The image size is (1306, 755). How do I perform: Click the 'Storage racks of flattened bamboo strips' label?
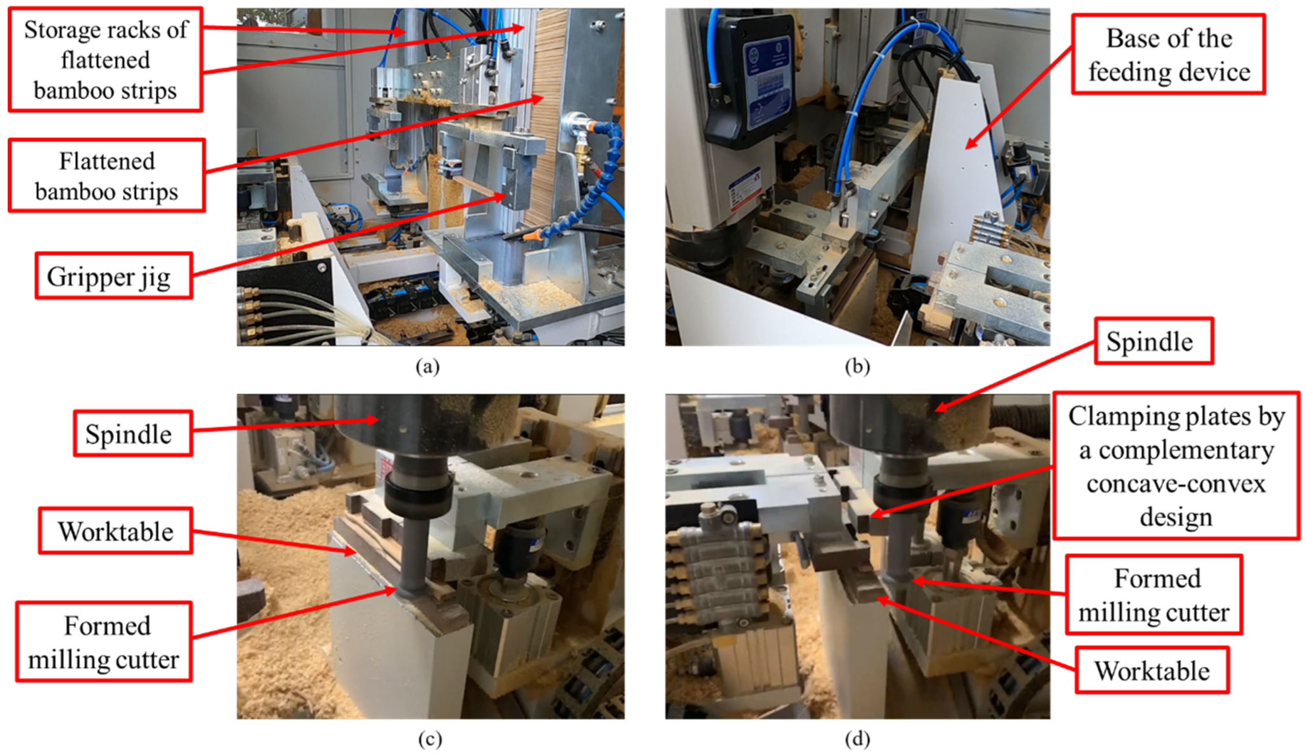click(x=105, y=59)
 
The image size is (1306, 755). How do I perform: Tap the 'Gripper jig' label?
click(x=114, y=276)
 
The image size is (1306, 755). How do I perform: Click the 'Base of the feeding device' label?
click(x=1169, y=54)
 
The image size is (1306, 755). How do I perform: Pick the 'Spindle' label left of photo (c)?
click(x=133, y=433)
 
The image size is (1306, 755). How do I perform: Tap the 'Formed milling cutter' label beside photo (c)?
click(x=104, y=642)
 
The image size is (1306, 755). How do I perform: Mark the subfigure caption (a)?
click(x=428, y=367)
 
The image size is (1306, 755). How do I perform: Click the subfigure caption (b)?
click(x=857, y=367)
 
